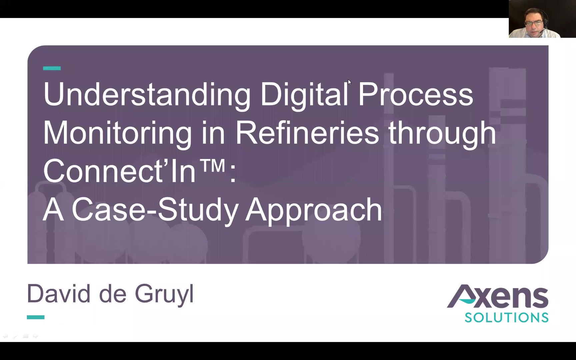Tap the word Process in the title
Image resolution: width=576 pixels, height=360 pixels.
(415, 94)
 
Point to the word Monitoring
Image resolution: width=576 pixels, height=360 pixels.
(118, 134)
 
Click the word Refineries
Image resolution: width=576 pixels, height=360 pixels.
(307, 133)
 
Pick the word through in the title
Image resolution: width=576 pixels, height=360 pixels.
(442, 134)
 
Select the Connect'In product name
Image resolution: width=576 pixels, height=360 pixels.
(119, 171)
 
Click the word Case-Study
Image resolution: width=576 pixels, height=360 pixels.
(155, 210)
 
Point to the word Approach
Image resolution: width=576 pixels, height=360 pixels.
(314, 210)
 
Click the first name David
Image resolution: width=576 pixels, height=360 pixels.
(59, 294)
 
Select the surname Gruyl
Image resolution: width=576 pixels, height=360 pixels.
(164, 295)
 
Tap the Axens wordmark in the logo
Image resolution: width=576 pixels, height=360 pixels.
(497, 296)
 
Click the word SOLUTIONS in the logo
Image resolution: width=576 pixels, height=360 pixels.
(507, 318)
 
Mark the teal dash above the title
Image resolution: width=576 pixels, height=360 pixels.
(52, 68)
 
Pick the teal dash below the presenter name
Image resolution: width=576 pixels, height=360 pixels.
(36, 317)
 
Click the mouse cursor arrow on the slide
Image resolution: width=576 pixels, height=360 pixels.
(349, 82)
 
